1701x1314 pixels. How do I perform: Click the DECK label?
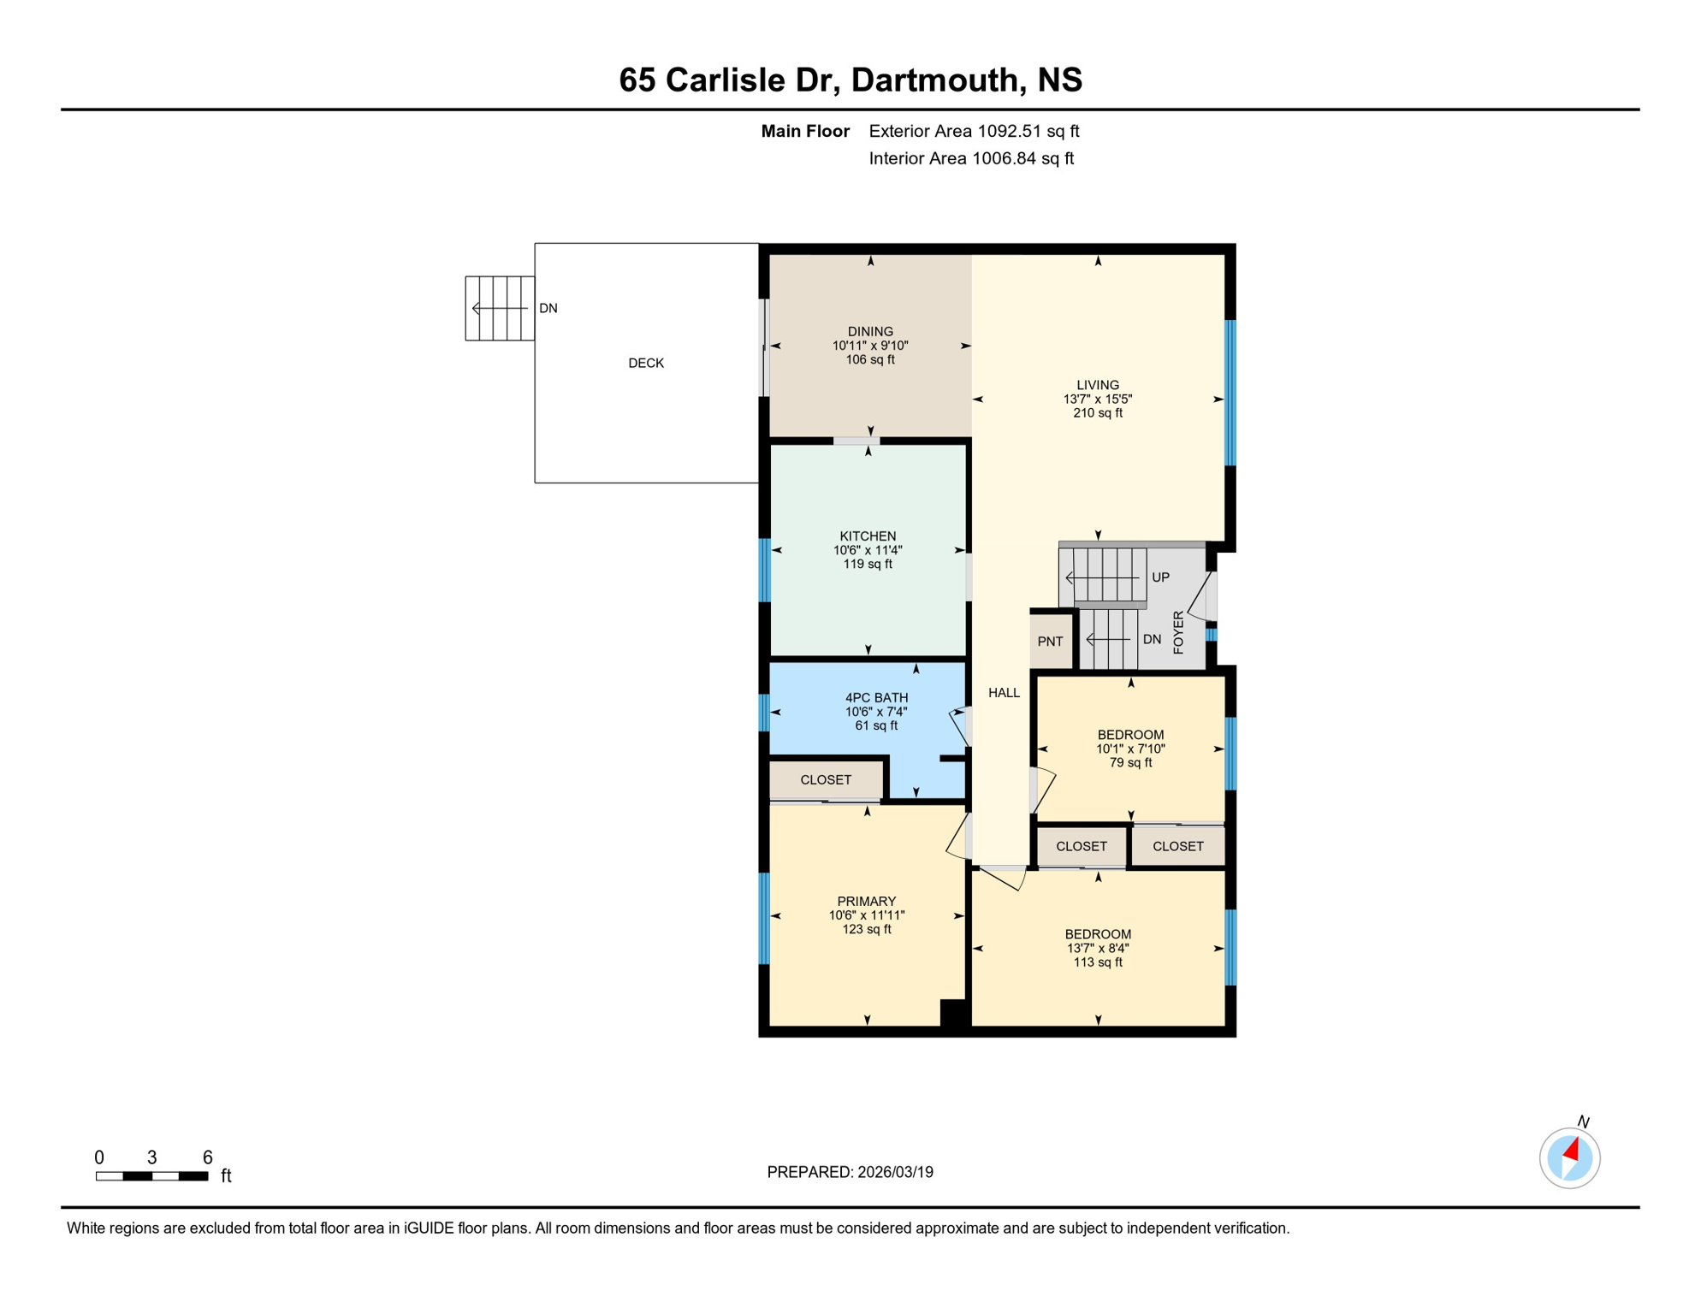point(646,363)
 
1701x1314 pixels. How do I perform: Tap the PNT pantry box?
point(1050,642)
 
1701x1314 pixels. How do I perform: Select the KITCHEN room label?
point(868,536)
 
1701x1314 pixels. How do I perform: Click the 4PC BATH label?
point(876,698)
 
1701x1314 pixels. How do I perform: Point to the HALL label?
point(1004,693)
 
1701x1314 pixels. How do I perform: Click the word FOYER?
point(1179,632)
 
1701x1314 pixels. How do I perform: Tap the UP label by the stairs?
point(1160,577)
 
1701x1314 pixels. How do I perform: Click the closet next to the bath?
point(826,780)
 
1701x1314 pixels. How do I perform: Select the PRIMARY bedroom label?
point(866,902)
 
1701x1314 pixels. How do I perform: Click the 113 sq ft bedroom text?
point(1098,962)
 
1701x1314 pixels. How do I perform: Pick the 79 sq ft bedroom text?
point(1130,763)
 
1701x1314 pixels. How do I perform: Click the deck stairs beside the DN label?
point(500,308)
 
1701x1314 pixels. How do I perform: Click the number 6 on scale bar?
point(207,1157)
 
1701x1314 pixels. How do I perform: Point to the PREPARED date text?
point(850,1172)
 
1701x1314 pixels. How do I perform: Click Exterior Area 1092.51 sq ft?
point(974,131)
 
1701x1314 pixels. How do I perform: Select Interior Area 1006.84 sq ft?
point(971,158)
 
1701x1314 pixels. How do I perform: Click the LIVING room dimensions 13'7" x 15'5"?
point(1098,400)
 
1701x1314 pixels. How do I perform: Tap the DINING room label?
point(870,332)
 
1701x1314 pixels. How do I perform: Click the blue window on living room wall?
point(1230,393)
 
